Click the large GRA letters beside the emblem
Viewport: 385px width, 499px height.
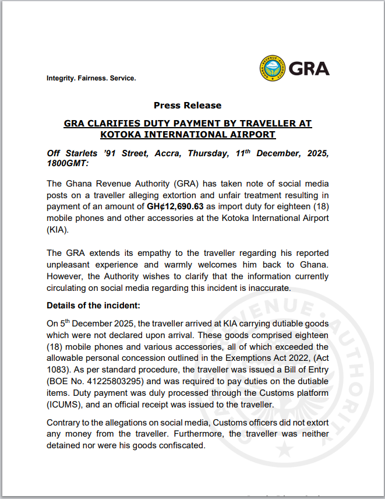pos(309,69)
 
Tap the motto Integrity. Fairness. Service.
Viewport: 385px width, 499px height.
pos(91,78)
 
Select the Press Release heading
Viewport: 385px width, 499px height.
pos(188,106)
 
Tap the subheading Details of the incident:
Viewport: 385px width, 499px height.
pos(93,305)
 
